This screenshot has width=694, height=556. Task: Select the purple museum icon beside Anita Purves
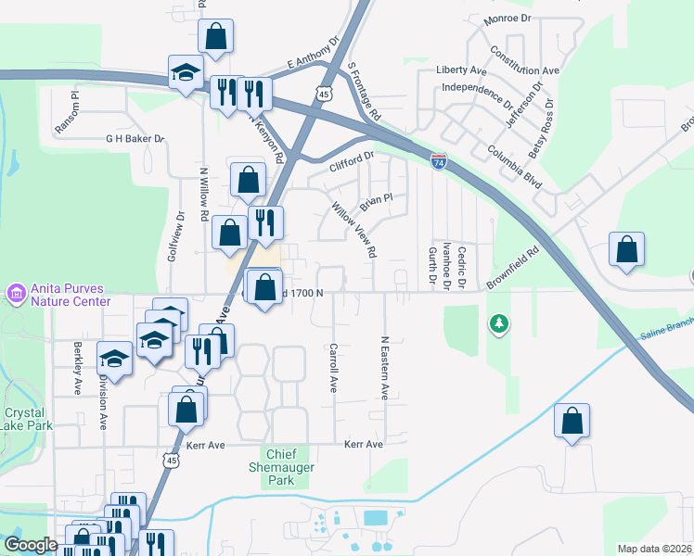click(x=14, y=294)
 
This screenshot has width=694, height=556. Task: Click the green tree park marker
click(x=499, y=324)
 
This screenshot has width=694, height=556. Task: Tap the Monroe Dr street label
click(x=507, y=19)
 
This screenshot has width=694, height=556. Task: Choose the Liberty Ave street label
click(x=461, y=70)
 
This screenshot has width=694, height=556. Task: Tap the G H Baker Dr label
click(x=135, y=139)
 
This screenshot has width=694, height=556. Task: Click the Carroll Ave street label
click(x=332, y=369)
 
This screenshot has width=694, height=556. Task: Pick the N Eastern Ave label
click(x=384, y=368)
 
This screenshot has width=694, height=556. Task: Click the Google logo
click(x=32, y=545)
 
